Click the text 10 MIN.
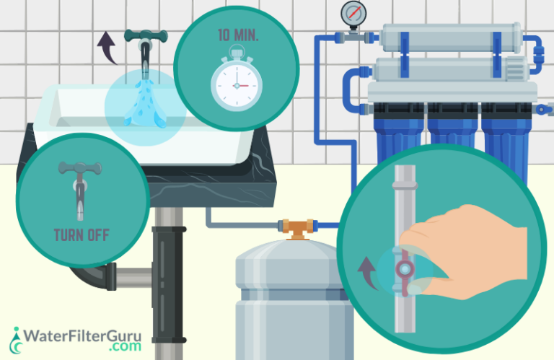[235, 35]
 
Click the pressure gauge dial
[353, 12]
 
